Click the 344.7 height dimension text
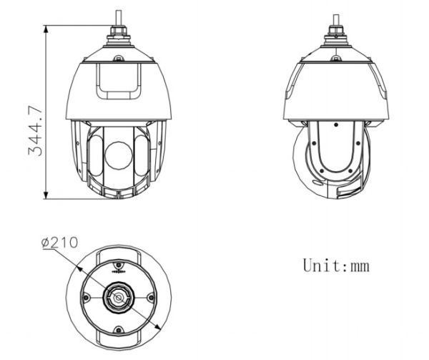click(x=35, y=132)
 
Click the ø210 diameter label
click(x=59, y=243)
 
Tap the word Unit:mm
click(x=336, y=265)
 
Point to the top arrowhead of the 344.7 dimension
click(x=46, y=29)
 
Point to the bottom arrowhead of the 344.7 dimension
click(x=46, y=195)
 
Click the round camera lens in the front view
click(x=119, y=155)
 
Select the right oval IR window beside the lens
click(x=142, y=155)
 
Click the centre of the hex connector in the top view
click(x=119, y=298)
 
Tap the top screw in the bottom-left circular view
click(x=119, y=265)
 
